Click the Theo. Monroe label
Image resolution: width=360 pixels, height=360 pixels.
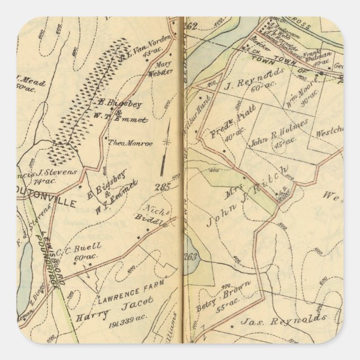click(x=130, y=143)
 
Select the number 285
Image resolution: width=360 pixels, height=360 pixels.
click(x=163, y=187)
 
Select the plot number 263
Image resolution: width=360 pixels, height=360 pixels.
click(x=192, y=257)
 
